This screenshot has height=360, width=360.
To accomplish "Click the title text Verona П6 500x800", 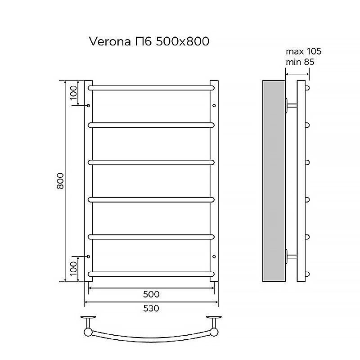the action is coord(149,41).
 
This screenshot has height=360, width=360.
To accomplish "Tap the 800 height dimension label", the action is coord(60,181).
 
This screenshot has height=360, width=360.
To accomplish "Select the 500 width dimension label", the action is coord(151,294).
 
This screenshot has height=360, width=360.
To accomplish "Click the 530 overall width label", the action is coord(151,308).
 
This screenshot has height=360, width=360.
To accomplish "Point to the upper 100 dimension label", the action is coord(73,93).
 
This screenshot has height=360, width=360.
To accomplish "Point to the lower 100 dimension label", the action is coord(73,268).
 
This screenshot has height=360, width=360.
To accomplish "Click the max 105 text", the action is coord(303,51).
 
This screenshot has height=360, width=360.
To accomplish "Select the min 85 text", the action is coord(300,62).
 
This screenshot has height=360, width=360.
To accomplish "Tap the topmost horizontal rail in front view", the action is coord(151,88).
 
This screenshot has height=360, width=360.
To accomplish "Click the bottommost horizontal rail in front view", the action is coord(151,274).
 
